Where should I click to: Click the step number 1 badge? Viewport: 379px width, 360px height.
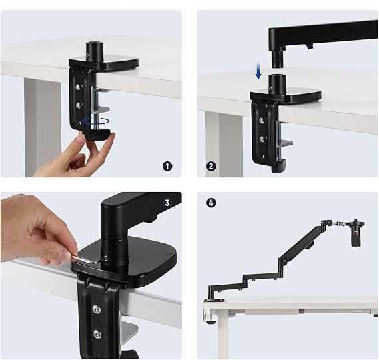point(167,166)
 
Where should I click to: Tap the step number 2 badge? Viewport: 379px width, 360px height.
point(211,166)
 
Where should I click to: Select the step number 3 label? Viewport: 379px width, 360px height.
point(167,203)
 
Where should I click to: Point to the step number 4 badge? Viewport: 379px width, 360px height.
point(212,203)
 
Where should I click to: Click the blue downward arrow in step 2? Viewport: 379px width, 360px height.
point(258,71)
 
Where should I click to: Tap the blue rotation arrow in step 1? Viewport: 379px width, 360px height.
point(95,121)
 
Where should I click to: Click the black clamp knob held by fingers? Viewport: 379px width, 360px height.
point(97,134)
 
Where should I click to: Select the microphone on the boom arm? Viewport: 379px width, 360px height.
point(357,233)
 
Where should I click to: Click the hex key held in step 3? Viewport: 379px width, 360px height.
point(88,259)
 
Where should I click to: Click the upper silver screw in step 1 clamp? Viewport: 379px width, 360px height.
point(78,87)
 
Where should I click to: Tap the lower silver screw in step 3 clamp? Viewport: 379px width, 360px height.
point(97,333)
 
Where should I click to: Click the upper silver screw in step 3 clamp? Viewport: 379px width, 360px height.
point(96,309)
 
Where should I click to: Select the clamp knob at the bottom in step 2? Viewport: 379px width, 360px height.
point(279,166)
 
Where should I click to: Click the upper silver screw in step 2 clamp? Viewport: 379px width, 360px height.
point(261,120)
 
